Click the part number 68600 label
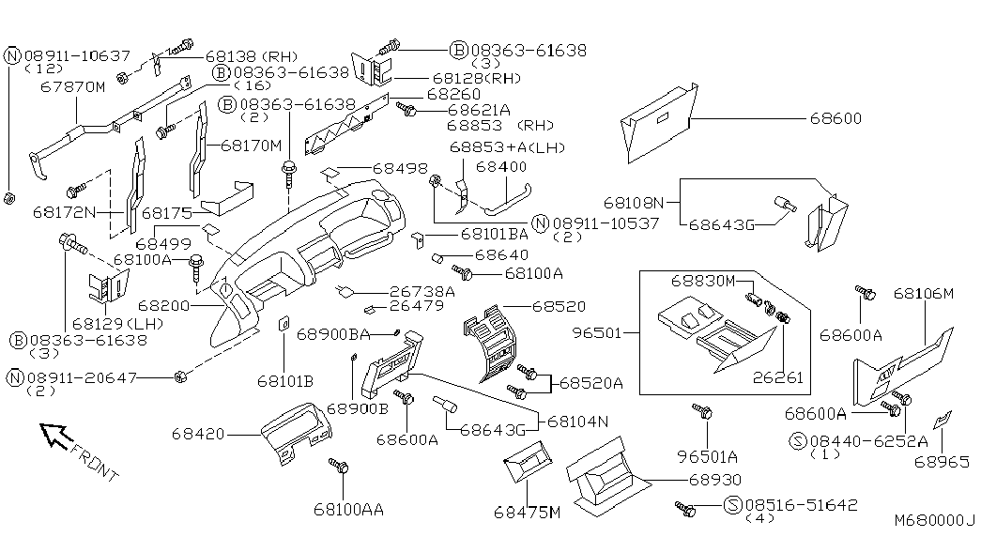(x=835, y=118)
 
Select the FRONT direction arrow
(x=55, y=435)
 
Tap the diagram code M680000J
(x=935, y=520)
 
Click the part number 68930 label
(x=715, y=480)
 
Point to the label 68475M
(x=527, y=513)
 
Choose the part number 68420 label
(x=198, y=433)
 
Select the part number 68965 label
(x=941, y=462)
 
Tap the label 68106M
(x=924, y=293)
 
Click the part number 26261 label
(x=777, y=377)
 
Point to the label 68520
(x=559, y=306)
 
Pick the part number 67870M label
(x=73, y=86)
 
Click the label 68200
(x=164, y=305)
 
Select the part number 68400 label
(x=501, y=167)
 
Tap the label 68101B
(x=285, y=380)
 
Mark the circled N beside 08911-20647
(x=14, y=378)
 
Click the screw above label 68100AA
(x=339, y=466)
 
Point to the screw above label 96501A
(x=702, y=411)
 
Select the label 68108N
(x=634, y=203)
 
